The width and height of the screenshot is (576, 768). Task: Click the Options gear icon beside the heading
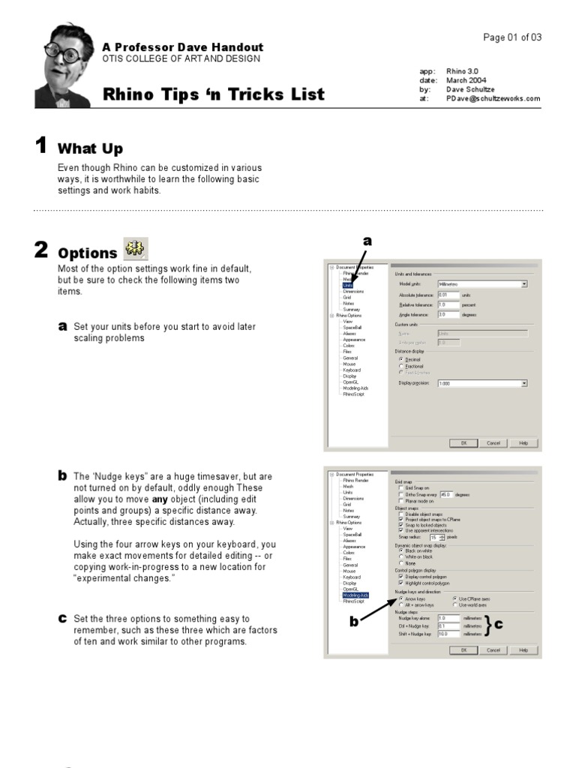pyautogui.click(x=136, y=249)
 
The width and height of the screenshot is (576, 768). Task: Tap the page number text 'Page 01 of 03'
pyautogui.click(x=512, y=37)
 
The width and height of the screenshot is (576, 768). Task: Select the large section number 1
pyautogui.click(x=41, y=145)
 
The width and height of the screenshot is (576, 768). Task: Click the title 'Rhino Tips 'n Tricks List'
pyautogui.click(x=214, y=94)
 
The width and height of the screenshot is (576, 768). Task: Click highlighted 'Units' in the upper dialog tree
pyautogui.click(x=348, y=285)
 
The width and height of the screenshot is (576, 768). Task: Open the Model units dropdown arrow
pyautogui.click(x=524, y=285)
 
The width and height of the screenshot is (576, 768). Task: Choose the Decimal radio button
pyautogui.click(x=400, y=359)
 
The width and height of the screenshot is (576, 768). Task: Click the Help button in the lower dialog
pyautogui.click(x=523, y=650)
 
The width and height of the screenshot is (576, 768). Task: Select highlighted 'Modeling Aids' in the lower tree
pyautogui.click(x=355, y=595)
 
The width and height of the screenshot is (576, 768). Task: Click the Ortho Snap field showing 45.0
pyautogui.click(x=447, y=494)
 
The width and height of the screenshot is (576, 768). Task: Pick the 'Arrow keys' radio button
pyautogui.click(x=400, y=598)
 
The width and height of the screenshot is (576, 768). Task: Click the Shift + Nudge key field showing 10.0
pyautogui.click(x=447, y=634)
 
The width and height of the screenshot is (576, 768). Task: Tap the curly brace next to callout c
pyautogui.click(x=487, y=625)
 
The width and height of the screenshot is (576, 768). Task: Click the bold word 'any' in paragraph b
pyautogui.click(x=160, y=499)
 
